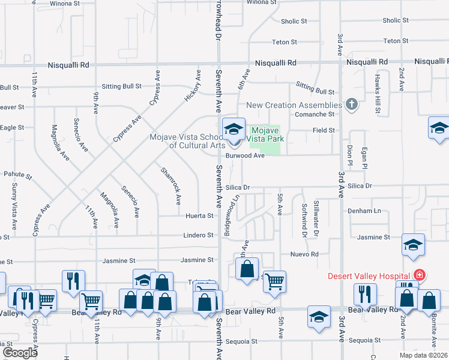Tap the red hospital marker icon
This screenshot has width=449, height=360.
click(420, 275)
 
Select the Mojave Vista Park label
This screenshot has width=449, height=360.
click(267, 134)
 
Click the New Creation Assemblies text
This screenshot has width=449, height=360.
click(290, 105)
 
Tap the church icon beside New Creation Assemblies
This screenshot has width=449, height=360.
click(352, 105)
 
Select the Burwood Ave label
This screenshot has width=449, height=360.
click(245, 155)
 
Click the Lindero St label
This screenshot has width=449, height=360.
click(199, 235)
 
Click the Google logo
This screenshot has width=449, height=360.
click(20, 353)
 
